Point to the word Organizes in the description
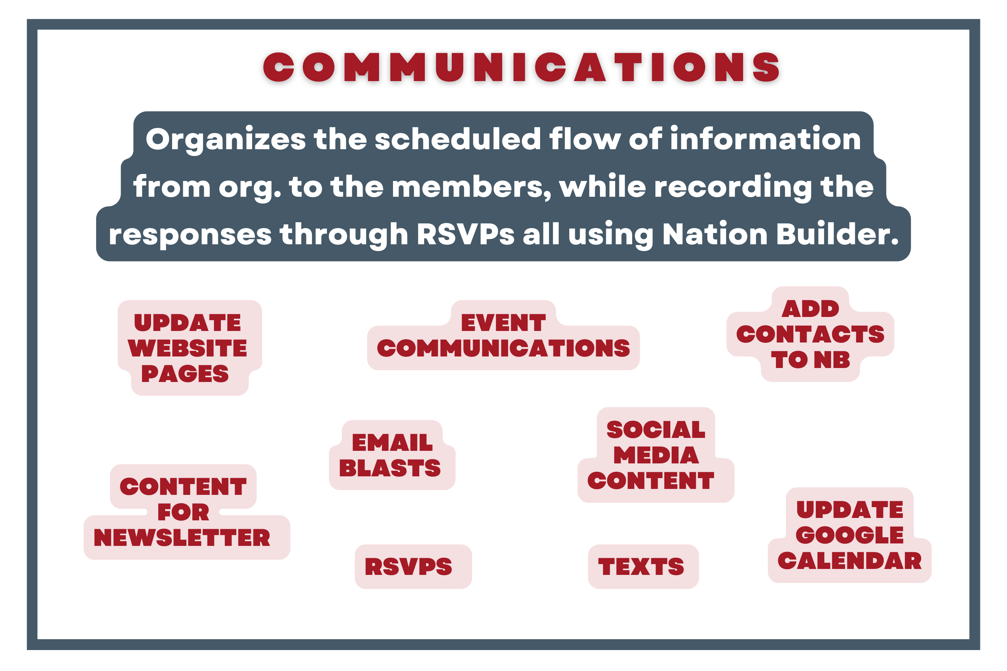226,139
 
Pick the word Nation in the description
715,234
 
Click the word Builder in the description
837,234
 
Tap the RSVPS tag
408,567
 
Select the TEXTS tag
641,567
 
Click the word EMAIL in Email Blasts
392,442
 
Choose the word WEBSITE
187,348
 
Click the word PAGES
185,374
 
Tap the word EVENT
503,323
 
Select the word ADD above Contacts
810,309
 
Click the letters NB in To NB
832,360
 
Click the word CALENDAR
849,561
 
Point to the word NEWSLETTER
182,538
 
